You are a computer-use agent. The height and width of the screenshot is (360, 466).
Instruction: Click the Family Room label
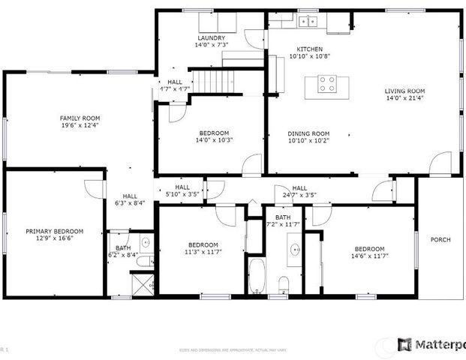80,118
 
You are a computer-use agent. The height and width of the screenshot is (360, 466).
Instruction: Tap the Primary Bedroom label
54,232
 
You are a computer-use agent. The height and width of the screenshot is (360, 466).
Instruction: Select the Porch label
440,240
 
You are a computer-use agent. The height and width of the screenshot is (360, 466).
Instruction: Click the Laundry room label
211,37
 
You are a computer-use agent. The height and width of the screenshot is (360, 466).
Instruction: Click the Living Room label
404,90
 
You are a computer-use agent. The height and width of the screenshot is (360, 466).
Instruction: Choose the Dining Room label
308,133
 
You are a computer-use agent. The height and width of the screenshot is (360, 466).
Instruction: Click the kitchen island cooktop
326,83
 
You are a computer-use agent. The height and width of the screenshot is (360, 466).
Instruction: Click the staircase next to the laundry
208,79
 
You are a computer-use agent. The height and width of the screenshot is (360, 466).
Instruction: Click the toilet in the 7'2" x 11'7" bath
284,284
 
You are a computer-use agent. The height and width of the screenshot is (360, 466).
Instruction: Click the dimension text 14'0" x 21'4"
404,97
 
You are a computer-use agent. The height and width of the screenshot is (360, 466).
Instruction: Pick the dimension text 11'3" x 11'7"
203,253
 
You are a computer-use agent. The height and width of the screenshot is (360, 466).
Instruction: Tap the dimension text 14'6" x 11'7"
369,256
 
